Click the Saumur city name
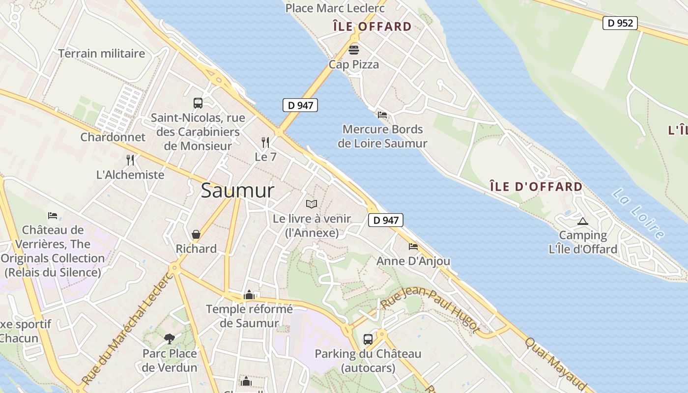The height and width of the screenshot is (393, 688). click(x=237, y=191)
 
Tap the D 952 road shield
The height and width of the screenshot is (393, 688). click(x=620, y=23)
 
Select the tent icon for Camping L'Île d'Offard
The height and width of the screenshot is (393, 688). click(x=583, y=221)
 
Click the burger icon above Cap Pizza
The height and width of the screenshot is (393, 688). click(x=354, y=50)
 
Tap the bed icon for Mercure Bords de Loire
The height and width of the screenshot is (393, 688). click(x=382, y=115)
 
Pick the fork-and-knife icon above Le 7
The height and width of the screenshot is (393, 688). click(x=265, y=142)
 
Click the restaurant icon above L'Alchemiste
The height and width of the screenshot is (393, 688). click(x=130, y=160)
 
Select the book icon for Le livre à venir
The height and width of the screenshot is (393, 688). click(x=312, y=204)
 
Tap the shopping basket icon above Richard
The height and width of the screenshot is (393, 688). click(x=196, y=234)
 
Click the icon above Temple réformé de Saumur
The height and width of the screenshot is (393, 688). click(x=249, y=295)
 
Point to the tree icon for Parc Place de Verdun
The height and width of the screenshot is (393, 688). click(x=170, y=338)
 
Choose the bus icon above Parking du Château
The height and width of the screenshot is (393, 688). click(x=368, y=339)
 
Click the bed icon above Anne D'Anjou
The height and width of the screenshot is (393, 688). click(x=413, y=246)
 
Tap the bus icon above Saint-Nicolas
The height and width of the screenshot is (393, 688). click(x=198, y=103)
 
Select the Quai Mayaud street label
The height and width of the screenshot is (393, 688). click(x=555, y=363)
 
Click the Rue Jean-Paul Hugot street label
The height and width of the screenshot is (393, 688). click(x=430, y=310)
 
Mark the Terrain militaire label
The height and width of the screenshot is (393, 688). click(x=102, y=54)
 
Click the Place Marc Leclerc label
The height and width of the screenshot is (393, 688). click(x=335, y=8)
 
